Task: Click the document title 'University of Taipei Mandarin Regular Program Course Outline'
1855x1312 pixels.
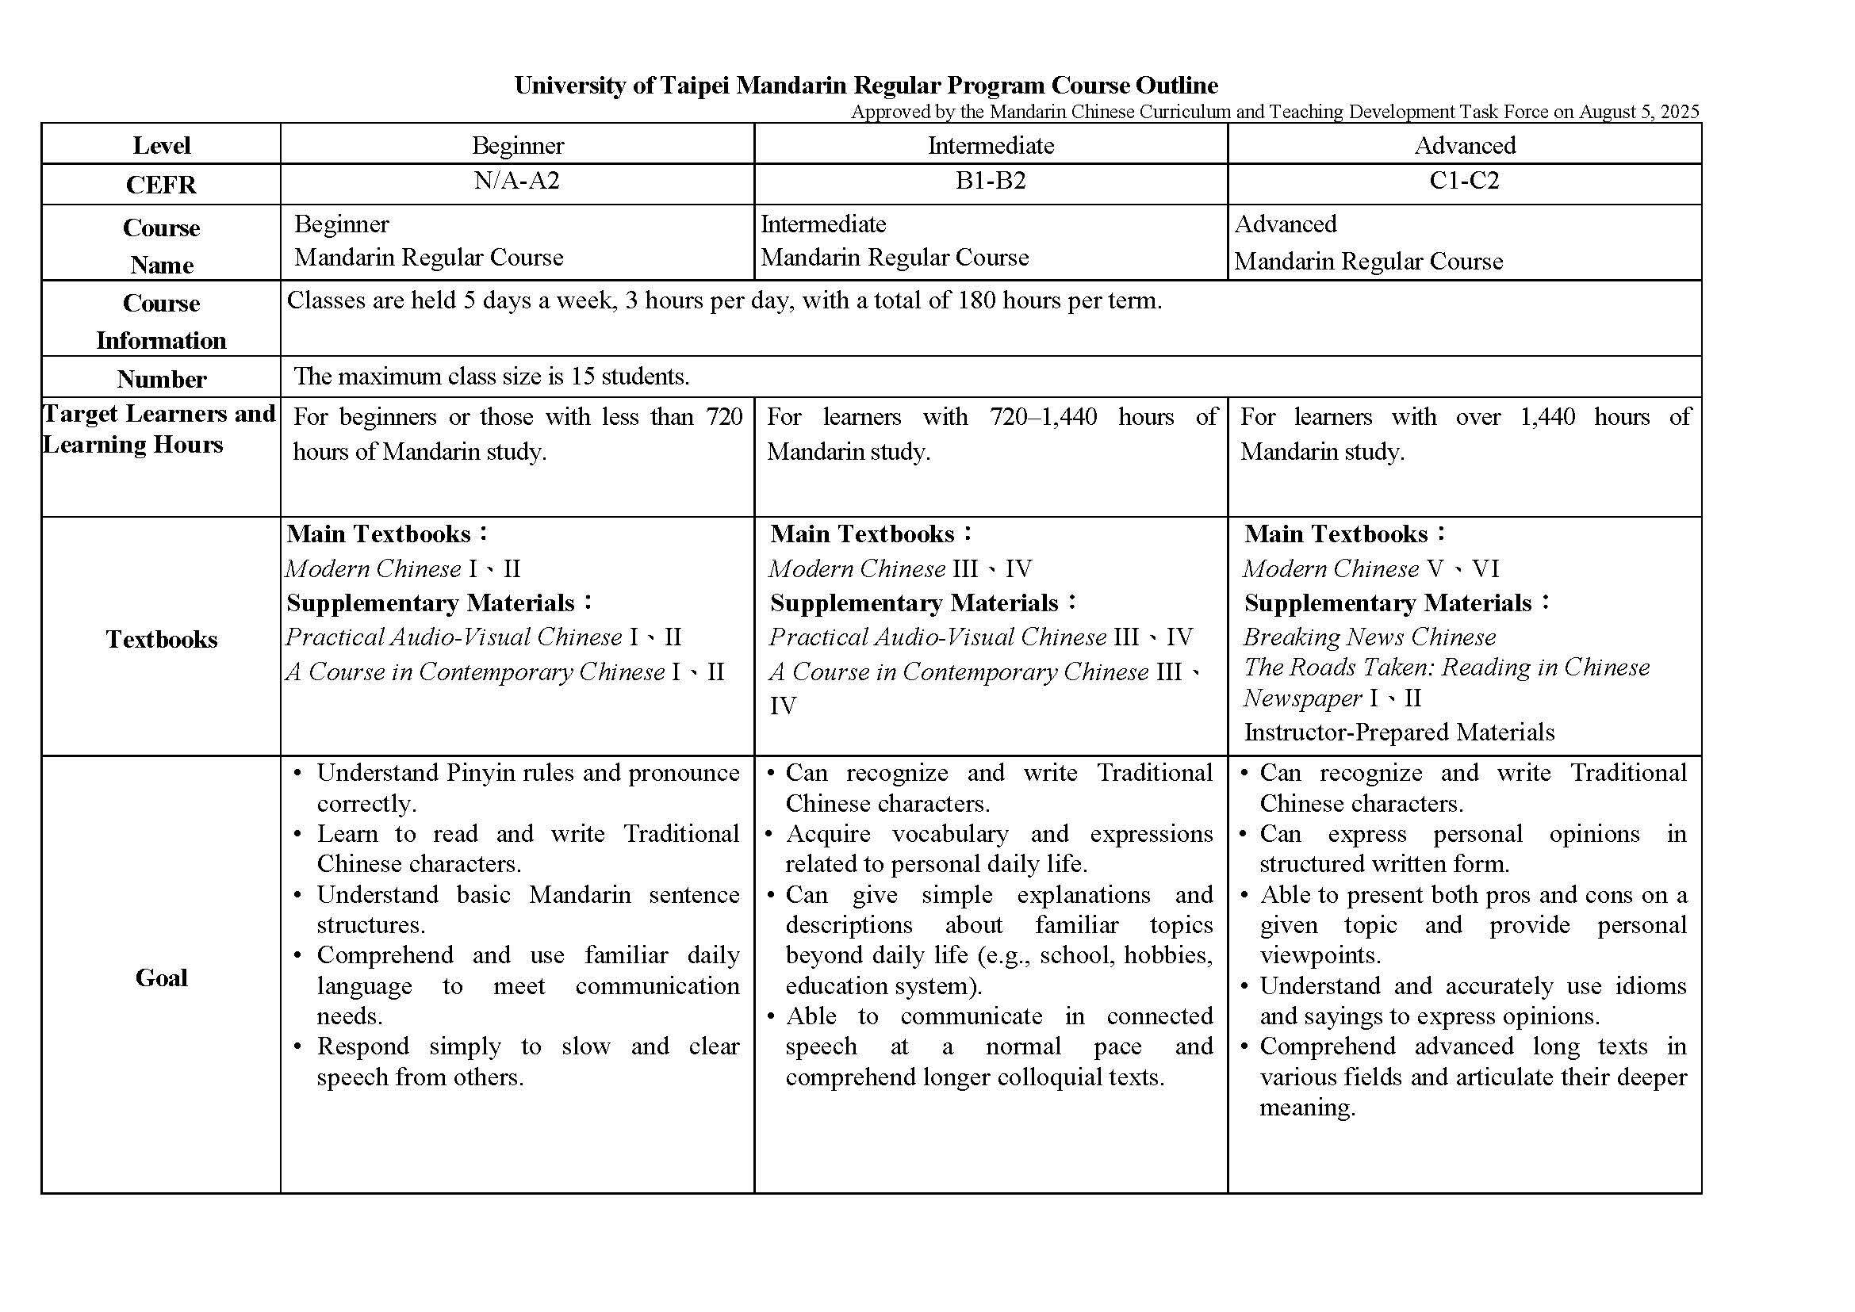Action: (866, 86)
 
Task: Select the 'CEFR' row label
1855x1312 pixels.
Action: (161, 185)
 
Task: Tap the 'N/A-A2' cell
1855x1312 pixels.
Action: (516, 180)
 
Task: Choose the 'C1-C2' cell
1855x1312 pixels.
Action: (1464, 180)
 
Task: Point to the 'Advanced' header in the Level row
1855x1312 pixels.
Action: (1464, 145)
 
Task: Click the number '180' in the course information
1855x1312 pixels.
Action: (975, 300)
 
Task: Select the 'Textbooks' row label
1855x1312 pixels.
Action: (161, 640)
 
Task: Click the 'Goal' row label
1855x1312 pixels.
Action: (161, 978)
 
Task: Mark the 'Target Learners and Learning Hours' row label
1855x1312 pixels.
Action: (159, 429)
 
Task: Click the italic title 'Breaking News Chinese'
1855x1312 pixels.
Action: (1369, 637)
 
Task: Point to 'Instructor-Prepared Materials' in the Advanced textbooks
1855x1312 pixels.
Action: (1398, 733)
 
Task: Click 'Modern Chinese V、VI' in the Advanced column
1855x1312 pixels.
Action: (1371, 568)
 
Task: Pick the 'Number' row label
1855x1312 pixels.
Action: (161, 380)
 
